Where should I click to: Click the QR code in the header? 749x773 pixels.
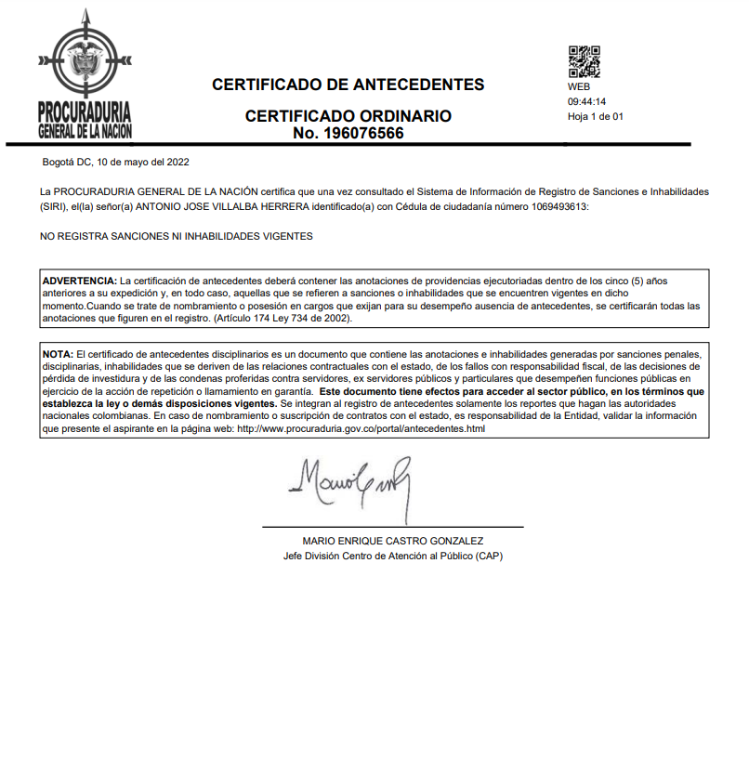584,62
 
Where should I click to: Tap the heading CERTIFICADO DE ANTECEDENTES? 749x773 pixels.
348,85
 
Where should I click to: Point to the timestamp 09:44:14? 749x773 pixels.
587,101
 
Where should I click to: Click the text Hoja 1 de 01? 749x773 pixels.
595,116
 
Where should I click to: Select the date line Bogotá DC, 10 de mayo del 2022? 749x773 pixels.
116,162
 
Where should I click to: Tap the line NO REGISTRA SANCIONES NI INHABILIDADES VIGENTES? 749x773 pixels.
177,236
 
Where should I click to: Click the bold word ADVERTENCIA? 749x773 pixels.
80,280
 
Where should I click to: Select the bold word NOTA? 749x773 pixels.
58,355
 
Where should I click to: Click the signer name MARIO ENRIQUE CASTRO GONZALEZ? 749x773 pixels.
393,541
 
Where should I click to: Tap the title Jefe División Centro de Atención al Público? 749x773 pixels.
393,556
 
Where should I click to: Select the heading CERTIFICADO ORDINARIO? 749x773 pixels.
348,116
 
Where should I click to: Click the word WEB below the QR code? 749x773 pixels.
578,86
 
